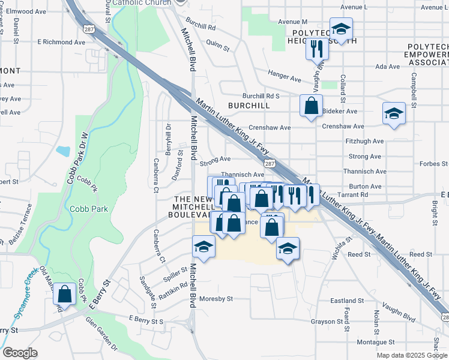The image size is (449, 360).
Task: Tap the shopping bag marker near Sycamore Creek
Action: coord(64,295)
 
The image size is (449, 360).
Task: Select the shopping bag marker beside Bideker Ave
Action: coord(312,106)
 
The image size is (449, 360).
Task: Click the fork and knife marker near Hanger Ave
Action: coord(318,48)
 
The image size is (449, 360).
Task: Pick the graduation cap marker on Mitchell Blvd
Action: coord(203,247)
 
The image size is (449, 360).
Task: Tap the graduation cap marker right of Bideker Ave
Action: coord(394,113)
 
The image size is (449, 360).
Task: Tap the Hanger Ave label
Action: coord(285,79)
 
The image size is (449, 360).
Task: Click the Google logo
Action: coord(20,353)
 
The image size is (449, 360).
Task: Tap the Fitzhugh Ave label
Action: coord(365,142)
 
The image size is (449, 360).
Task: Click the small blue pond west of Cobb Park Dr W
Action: coord(63,151)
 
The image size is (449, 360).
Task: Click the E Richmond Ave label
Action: coord(61,43)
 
